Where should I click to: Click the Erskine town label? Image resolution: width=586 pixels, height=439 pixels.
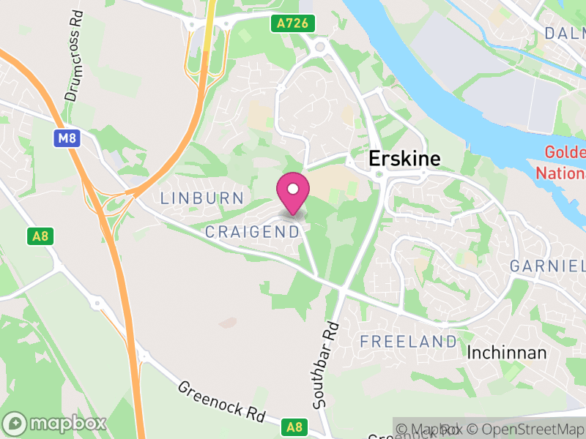[x=404, y=159]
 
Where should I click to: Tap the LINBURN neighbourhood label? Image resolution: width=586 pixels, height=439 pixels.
[x=201, y=198]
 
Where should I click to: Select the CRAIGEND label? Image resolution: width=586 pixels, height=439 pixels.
[x=253, y=232]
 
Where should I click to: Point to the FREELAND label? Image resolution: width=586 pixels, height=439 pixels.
[x=408, y=342]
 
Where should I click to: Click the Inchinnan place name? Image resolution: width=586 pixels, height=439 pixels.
[x=507, y=353]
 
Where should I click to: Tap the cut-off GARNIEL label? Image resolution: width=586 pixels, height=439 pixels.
[x=547, y=265]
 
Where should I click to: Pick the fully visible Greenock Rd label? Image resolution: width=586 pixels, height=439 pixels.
[x=221, y=402]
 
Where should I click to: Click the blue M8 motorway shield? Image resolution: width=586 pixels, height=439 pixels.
[x=66, y=138]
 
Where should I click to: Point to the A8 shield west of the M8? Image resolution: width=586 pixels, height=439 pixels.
[x=40, y=236]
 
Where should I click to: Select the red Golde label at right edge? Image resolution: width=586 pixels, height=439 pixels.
[x=564, y=153]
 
